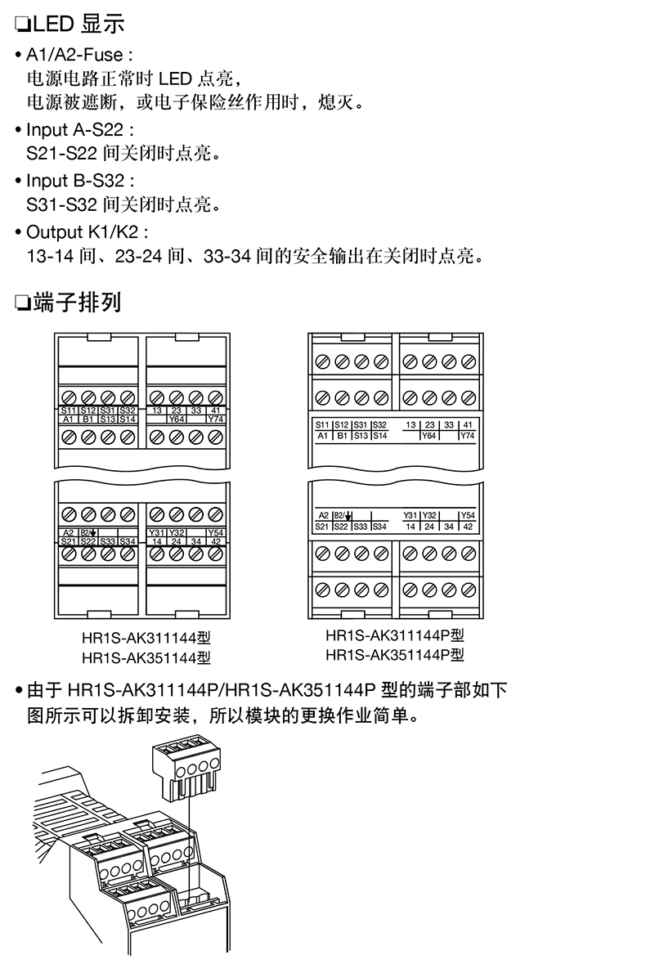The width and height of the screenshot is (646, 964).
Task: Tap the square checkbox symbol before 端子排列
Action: [x=21, y=304]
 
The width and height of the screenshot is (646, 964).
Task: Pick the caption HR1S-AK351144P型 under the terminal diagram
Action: [x=394, y=654]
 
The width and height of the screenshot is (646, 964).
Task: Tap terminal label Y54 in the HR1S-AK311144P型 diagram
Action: [x=466, y=516]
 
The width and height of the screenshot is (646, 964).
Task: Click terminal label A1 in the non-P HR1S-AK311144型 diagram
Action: [x=69, y=419]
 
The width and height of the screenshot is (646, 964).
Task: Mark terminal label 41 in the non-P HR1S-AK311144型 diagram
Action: [x=215, y=410]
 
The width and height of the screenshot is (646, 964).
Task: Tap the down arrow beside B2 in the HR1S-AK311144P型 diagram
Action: [x=349, y=516]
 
